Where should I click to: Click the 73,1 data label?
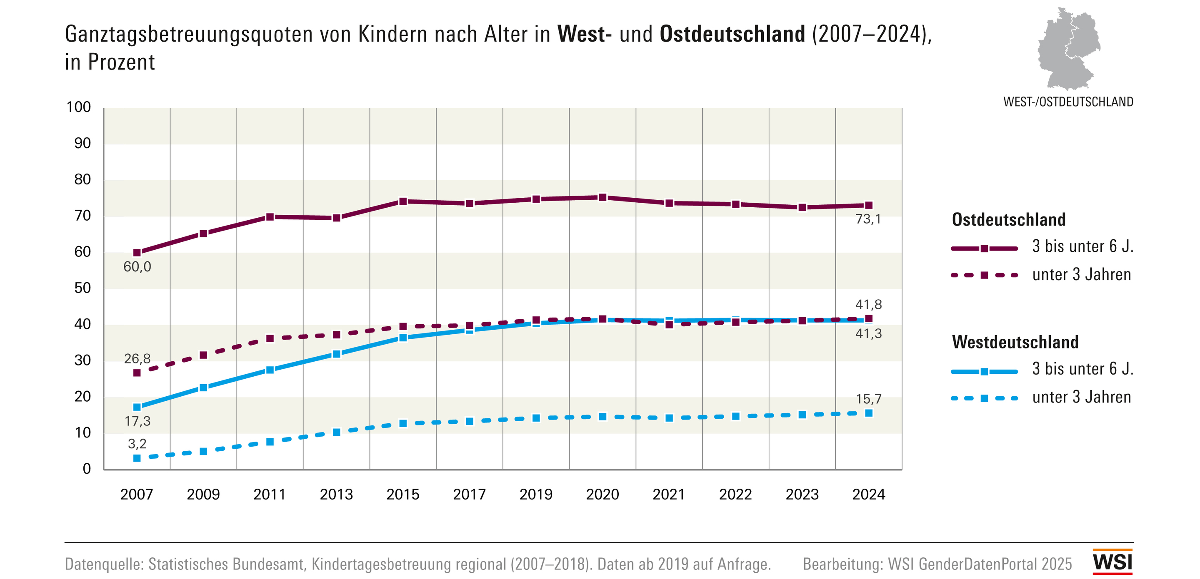click(868, 219)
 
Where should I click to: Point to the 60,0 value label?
click(137, 267)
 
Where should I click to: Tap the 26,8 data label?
click(137, 358)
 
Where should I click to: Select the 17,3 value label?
click(137, 421)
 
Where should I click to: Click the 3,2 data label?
click(137, 444)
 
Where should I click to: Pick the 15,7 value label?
click(868, 399)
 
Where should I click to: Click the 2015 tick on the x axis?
click(403, 494)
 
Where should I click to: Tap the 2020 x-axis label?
click(602, 494)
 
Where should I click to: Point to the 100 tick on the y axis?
click(79, 107)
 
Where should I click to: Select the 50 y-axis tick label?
click(82, 288)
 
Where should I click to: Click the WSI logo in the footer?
click(1112, 562)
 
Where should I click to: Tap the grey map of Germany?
click(1069, 49)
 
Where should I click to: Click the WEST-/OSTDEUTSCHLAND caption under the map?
click(1067, 102)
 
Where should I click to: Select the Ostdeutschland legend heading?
click(1008, 220)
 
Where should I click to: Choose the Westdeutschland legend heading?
click(1015, 342)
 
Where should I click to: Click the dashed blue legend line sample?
click(984, 398)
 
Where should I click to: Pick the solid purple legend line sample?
click(984, 248)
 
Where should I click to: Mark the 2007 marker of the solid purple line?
click(137, 253)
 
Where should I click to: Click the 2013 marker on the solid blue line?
click(336, 354)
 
